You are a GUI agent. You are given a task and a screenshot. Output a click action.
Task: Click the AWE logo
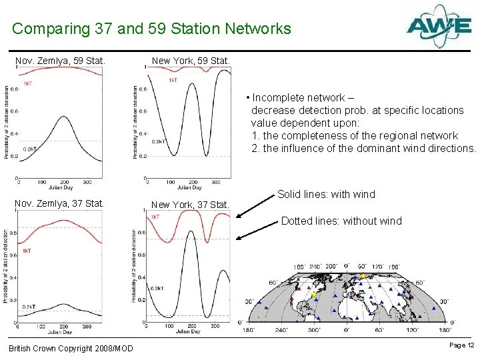[x=439, y=27]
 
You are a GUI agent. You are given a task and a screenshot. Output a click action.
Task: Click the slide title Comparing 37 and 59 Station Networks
[x=151, y=29]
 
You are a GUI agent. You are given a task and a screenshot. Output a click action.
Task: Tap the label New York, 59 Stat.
[x=191, y=61]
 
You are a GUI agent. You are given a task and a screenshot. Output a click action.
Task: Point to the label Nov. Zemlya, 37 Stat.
[x=60, y=203]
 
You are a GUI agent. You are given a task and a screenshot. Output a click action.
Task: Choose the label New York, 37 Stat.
[x=191, y=205]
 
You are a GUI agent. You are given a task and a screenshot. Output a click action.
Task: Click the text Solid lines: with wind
[x=326, y=195]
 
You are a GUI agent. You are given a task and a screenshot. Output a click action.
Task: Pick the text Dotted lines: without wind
[x=341, y=221]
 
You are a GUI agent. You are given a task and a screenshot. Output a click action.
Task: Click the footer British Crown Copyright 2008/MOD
[x=71, y=349]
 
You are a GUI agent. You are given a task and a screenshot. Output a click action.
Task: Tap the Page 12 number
[x=462, y=345]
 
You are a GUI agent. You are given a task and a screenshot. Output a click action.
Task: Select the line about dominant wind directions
[x=364, y=148]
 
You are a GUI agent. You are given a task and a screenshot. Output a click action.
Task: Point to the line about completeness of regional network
[x=355, y=135]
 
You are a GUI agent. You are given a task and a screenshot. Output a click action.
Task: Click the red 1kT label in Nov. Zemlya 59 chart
[x=27, y=84]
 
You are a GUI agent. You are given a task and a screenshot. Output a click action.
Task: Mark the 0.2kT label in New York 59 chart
[x=159, y=141]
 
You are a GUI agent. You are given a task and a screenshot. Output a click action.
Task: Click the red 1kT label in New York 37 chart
[x=155, y=217]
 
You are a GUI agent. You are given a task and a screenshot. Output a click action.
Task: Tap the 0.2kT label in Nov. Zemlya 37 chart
[x=29, y=307]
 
